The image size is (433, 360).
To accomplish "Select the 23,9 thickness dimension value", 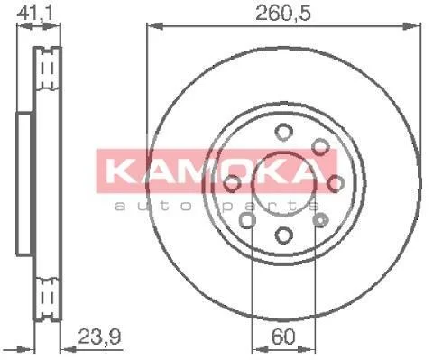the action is [x=99, y=337].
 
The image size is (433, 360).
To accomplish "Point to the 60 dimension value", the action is [x=283, y=337].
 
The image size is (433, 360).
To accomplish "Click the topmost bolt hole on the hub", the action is [x=283, y=132].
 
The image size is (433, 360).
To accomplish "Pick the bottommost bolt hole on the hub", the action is [x=283, y=235].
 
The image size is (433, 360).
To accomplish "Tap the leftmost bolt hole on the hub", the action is [x=232, y=183].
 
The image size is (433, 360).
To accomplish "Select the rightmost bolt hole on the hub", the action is [x=336, y=183].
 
